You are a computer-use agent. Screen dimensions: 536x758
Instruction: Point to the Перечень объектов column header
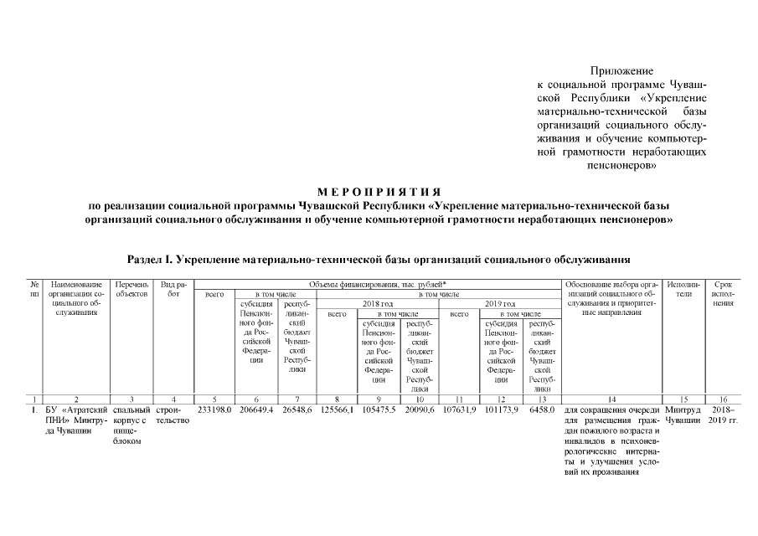[x=131, y=290]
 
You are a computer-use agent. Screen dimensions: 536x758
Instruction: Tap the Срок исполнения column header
[x=723, y=294]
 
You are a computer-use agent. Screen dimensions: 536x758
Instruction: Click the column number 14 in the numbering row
[x=611, y=399]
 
